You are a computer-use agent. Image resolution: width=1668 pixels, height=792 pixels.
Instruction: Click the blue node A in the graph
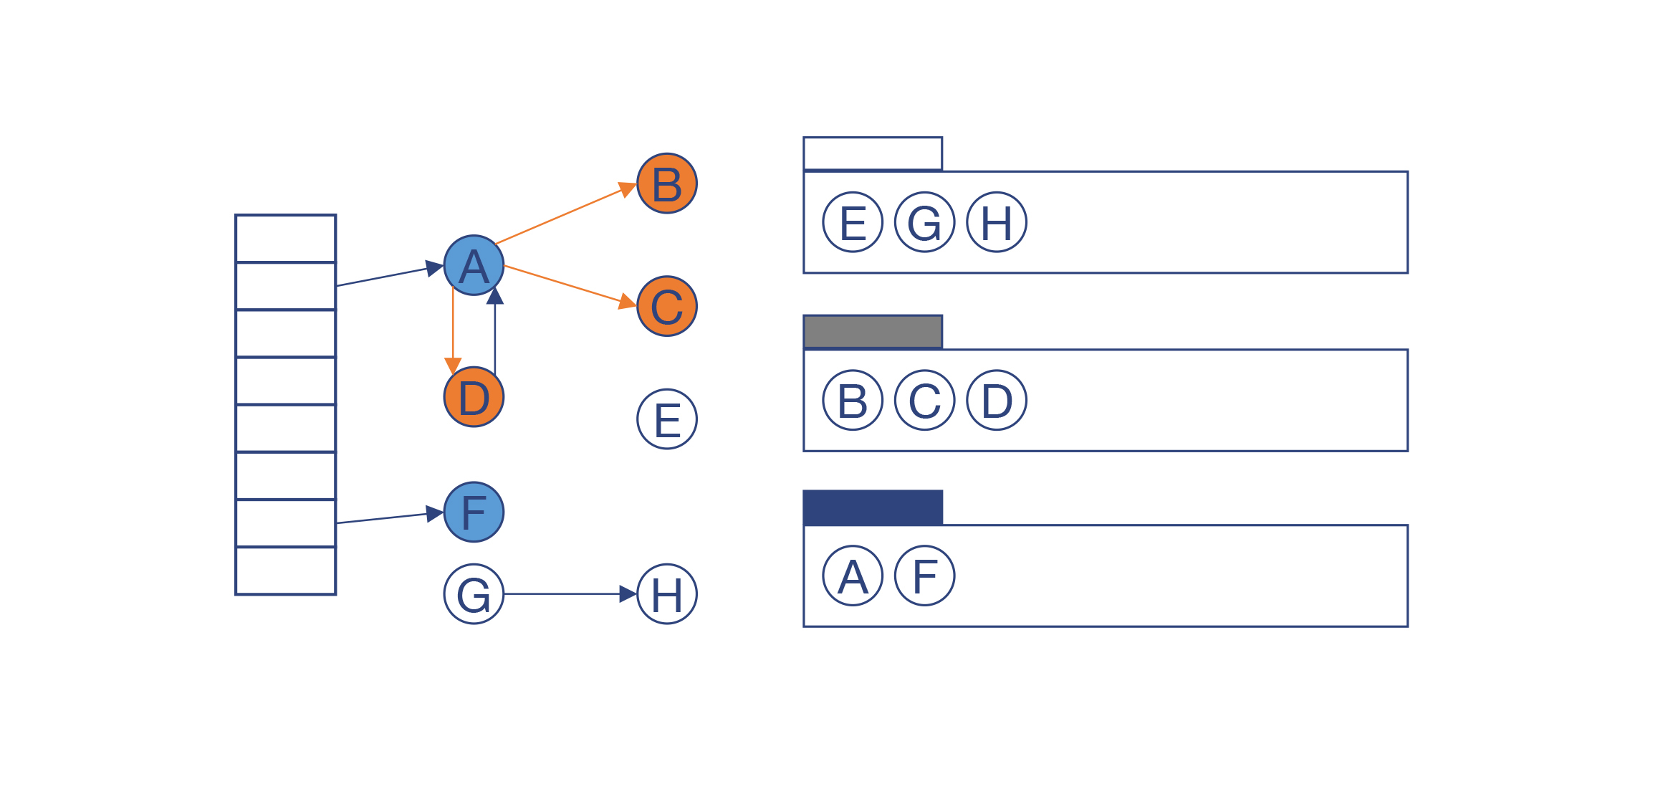[x=474, y=265]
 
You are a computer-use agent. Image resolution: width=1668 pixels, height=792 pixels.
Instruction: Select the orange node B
[x=667, y=183]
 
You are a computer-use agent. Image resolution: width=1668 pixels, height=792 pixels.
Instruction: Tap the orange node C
[x=667, y=306]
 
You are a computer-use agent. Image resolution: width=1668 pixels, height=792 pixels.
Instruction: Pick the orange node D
[x=474, y=397]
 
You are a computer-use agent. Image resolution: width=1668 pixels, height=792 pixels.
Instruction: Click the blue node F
[x=474, y=512]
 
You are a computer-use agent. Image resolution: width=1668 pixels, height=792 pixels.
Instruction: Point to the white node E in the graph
[x=667, y=419]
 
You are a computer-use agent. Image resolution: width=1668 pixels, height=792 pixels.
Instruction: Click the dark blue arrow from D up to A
[x=495, y=333]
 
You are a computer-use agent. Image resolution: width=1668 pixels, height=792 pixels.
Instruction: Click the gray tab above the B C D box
[x=873, y=332]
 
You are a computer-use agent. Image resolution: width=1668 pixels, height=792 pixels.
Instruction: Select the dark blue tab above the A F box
[x=873, y=507]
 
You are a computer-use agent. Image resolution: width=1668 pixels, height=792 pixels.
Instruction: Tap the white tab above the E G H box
[x=873, y=153]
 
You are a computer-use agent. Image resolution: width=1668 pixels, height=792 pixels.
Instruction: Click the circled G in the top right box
[x=925, y=222]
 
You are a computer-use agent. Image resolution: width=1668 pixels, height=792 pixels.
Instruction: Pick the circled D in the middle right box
[x=997, y=401]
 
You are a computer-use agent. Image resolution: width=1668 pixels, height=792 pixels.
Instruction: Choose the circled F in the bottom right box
[x=925, y=576]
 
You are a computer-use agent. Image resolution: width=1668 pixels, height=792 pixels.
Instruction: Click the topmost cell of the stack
[x=286, y=239]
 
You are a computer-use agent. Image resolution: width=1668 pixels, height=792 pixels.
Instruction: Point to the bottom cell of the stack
[x=286, y=571]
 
